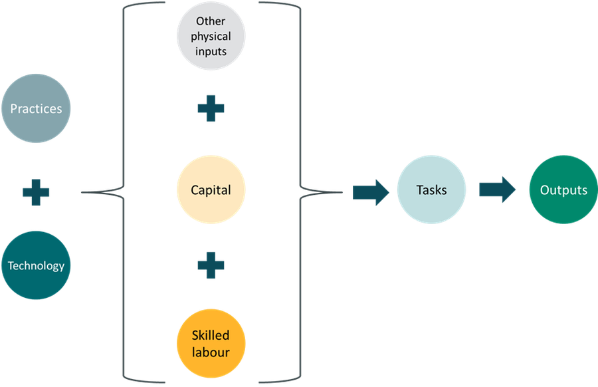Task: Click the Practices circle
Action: [x=36, y=108]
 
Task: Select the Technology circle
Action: [x=36, y=266]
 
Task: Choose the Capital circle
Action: [x=211, y=191]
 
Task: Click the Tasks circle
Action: [x=431, y=190]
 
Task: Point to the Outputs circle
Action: [x=563, y=190]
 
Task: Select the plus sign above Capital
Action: [x=211, y=109]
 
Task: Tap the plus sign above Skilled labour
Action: [x=211, y=265]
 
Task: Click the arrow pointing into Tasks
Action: [x=370, y=192]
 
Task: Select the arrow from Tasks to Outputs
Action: [x=498, y=190]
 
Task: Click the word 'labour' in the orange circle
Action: [x=211, y=352]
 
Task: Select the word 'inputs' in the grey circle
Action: [x=211, y=51]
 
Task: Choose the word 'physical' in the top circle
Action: [x=211, y=36]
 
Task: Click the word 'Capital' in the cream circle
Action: [x=211, y=191]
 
